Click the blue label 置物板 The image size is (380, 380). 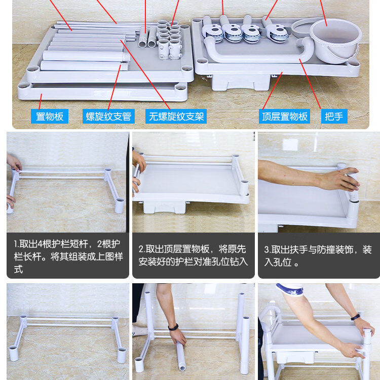pos(50,117)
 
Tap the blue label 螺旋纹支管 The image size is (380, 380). pos(108,117)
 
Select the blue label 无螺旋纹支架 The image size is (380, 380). pos(176,117)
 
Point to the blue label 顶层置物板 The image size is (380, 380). pos(285,117)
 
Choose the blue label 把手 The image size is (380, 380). pos(334,117)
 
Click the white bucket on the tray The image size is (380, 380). pos(335,40)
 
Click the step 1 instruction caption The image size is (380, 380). pos(68,256)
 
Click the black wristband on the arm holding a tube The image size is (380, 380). pos(173,327)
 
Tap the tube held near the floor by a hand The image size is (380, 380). pos(181,356)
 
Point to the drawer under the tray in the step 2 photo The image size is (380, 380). pos(164,207)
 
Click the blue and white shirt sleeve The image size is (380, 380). pos(290,289)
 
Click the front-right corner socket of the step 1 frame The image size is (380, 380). pos(119,206)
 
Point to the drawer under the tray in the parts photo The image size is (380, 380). pos(241,83)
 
